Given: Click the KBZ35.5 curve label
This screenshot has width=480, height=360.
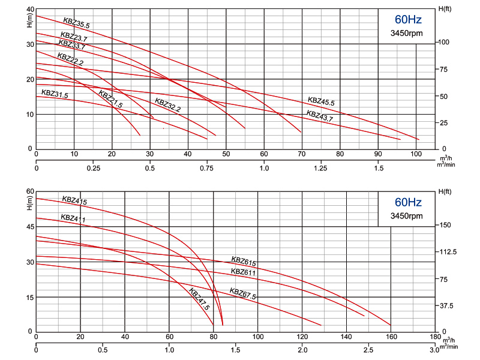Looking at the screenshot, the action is [77, 23].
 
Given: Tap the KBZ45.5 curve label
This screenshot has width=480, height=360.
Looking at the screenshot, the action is [321, 101].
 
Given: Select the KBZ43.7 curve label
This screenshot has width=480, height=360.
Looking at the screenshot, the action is [320, 116].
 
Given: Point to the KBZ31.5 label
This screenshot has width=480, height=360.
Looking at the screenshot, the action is [55, 94].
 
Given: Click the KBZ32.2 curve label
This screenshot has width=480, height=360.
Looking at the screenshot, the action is [168, 105].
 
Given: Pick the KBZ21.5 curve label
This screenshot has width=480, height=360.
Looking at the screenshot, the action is [110, 99].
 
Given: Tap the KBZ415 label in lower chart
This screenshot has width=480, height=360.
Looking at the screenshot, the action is [74, 200].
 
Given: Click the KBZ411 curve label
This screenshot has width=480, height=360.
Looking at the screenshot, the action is [73, 218].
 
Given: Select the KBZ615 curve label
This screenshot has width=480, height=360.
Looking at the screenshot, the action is [244, 261].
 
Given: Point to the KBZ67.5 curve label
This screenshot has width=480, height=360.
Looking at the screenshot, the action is [243, 293].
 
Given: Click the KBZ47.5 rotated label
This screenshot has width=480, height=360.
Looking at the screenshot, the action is [199, 299].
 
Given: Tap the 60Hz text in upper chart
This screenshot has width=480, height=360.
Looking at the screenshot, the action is [408, 20].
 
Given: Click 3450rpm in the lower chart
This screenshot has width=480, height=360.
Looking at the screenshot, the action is [407, 216].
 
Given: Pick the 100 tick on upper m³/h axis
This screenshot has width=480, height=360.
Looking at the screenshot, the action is [416, 154].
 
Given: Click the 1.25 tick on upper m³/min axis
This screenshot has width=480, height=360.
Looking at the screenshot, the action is [320, 168].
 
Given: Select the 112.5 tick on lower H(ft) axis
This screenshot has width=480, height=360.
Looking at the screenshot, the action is [448, 252].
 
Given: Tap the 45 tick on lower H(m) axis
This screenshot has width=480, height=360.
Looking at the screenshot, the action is [31, 227].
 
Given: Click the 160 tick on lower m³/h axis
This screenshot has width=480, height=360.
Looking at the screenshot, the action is [391, 337].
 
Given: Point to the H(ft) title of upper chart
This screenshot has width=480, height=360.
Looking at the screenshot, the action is [445, 9].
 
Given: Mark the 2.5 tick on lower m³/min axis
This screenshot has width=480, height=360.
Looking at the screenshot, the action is [368, 350].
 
